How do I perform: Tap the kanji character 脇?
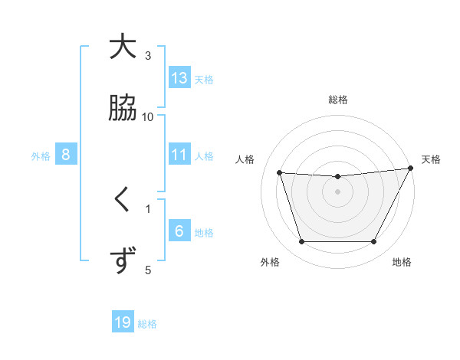click(x=123, y=108)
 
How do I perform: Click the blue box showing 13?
click(x=179, y=78)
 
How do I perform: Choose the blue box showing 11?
click(x=179, y=155)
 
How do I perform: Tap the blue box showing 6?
click(x=179, y=231)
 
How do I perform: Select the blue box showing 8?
click(x=66, y=155)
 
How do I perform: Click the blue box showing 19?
click(x=123, y=322)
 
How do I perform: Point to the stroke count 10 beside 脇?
click(x=148, y=116)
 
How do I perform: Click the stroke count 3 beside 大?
click(x=148, y=55)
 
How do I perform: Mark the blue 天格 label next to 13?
click(x=204, y=79)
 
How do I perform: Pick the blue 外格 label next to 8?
click(x=41, y=155)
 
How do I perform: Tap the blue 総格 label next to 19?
click(x=147, y=324)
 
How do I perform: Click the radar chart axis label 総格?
click(x=337, y=100)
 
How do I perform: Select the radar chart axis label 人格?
click(x=246, y=159)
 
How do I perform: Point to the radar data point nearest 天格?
click(x=411, y=169)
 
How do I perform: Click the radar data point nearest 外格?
click(x=301, y=242)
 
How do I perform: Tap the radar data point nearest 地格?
click(x=373, y=242)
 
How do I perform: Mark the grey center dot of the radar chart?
click(x=337, y=191)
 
